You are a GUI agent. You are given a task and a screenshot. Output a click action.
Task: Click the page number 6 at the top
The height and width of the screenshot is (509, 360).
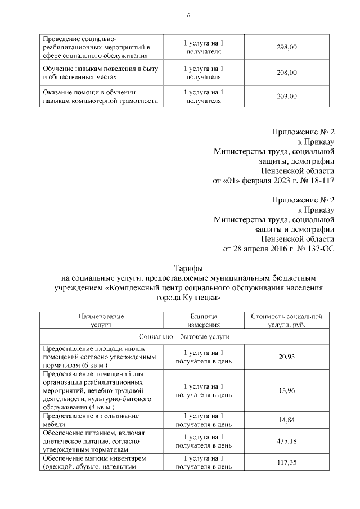[x=188, y=16]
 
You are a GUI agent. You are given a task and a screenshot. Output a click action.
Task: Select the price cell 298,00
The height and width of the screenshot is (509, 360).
[x=286, y=48]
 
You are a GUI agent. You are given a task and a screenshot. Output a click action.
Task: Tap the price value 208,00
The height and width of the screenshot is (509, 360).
[x=286, y=73]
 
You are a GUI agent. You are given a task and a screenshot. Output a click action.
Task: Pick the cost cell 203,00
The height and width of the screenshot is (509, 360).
[x=286, y=97]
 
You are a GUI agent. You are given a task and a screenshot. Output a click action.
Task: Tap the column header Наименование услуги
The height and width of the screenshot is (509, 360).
[x=101, y=321]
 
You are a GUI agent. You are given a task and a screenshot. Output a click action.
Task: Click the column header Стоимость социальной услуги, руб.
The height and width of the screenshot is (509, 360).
[x=286, y=321]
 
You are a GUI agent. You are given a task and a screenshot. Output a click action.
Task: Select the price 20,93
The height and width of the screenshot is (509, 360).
[x=286, y=357]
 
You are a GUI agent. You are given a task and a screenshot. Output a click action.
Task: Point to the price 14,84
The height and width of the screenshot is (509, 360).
[x=286, y=420]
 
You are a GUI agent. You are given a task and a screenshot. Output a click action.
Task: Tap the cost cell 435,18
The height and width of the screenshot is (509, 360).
[x=286, y=440]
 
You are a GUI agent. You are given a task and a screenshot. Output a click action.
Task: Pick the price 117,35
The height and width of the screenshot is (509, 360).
[x=286, y=462]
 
